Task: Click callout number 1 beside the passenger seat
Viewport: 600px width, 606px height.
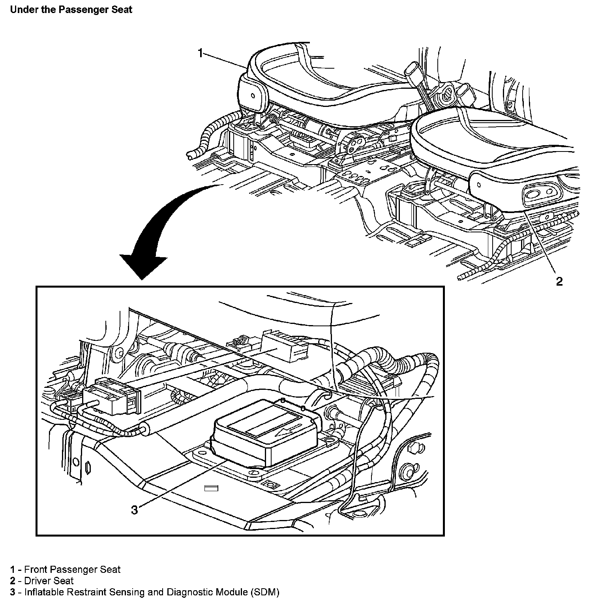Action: (x=201, y=53)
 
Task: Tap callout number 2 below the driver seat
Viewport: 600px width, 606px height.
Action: (x=559, y=281)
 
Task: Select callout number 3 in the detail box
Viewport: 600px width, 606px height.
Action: (x=135, y=510)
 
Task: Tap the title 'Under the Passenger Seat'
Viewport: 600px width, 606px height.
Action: (x=71, y=10)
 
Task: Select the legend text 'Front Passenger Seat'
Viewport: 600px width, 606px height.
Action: (x=72, y=569)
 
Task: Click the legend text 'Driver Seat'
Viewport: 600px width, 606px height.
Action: (x=49, y=581)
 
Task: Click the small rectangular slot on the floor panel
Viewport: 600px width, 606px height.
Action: (x=212, y=488)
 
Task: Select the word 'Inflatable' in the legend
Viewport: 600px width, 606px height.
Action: (x=43, y=592)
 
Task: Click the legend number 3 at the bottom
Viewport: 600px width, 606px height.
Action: (x=13, y=592)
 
